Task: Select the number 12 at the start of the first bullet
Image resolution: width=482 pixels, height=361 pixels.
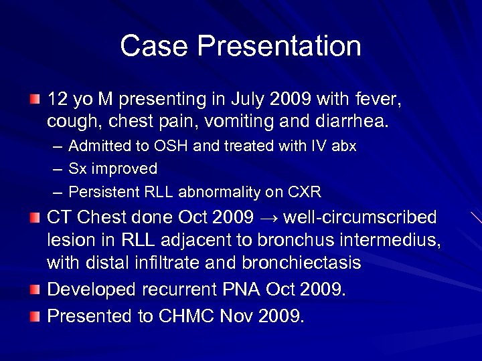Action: point(58,100)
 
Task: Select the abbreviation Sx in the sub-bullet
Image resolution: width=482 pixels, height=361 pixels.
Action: point(77,169)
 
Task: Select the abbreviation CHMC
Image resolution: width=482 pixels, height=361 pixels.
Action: point(188,316)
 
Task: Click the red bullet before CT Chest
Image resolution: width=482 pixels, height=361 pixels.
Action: point(35,217)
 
